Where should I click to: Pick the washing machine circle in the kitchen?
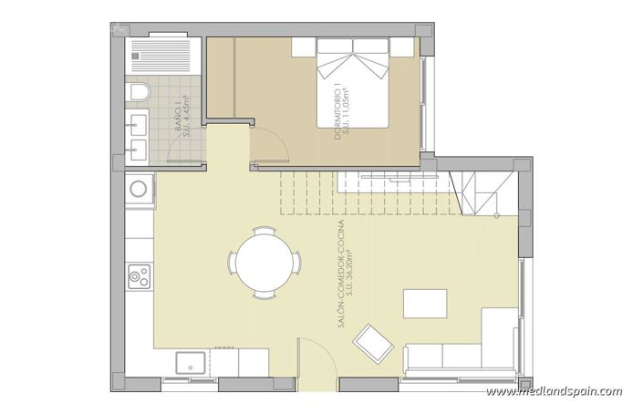pos(140,190)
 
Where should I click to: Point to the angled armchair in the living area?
pos(375,344)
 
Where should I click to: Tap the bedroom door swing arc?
pos(271,141)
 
